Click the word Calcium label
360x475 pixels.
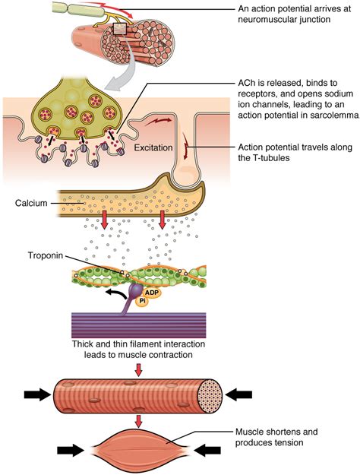coord(30,203)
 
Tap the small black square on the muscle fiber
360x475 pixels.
coord(118,30)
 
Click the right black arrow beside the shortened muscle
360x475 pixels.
coord(207,451)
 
